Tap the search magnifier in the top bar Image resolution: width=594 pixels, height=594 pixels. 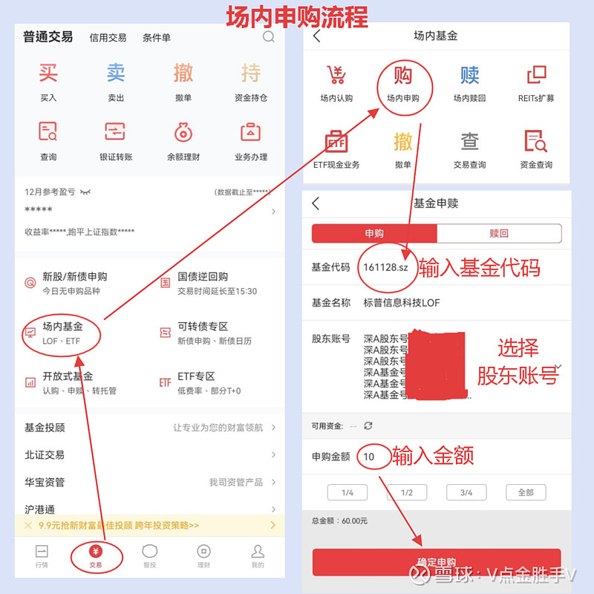268,37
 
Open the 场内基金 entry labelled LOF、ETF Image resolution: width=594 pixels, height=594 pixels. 62,333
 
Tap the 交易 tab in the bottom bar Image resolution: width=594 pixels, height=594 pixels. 96,555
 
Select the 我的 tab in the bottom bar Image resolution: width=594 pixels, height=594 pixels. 258,555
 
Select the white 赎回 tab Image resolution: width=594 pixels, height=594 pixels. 499,233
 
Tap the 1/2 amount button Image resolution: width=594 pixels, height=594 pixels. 407,492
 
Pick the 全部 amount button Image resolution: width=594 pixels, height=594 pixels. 526,492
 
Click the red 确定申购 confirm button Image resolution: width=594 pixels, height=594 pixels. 436,562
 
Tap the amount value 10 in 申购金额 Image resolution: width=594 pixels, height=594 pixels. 369,457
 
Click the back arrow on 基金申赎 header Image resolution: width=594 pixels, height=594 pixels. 316,203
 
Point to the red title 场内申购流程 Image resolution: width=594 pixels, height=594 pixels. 297,16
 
